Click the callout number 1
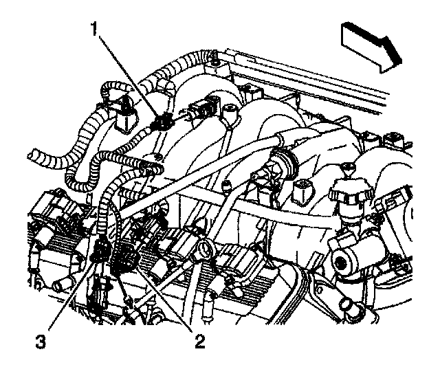(96, 30)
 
